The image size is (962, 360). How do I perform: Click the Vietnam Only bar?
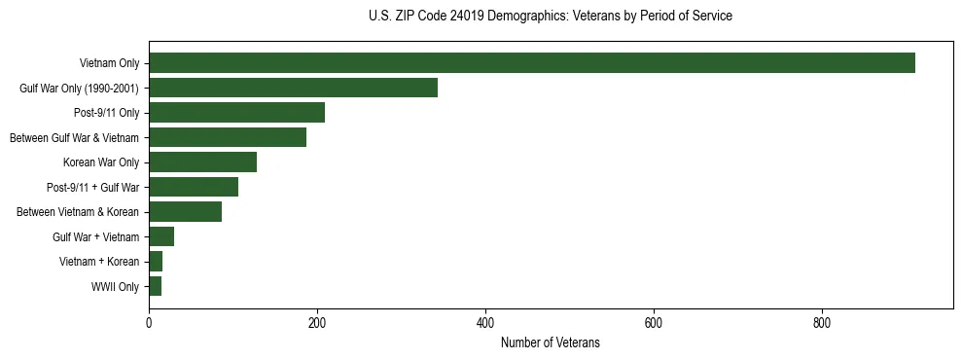pos(531,63)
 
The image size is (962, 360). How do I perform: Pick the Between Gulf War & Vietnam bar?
pos(228,137)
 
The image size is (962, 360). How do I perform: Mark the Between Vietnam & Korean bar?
pos(185,212)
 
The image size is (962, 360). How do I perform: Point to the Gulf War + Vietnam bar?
pos(161,236)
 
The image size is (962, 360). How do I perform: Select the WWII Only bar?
pos(155,286)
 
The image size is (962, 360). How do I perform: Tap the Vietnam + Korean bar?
pos(156,262)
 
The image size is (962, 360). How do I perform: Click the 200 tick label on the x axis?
pos(317,322)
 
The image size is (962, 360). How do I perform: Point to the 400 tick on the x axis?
pos(485,322)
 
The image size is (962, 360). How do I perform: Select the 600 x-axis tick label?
pos(654,322)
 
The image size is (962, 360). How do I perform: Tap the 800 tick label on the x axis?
pos(822,322)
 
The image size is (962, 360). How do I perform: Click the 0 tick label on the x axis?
pos(149,322)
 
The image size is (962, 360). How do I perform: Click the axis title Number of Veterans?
pos(550,343)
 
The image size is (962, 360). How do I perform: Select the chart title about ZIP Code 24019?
pos(551,17)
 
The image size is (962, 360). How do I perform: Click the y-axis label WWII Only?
pos(115,287)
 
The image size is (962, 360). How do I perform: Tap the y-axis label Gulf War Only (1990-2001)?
pos(80,89)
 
